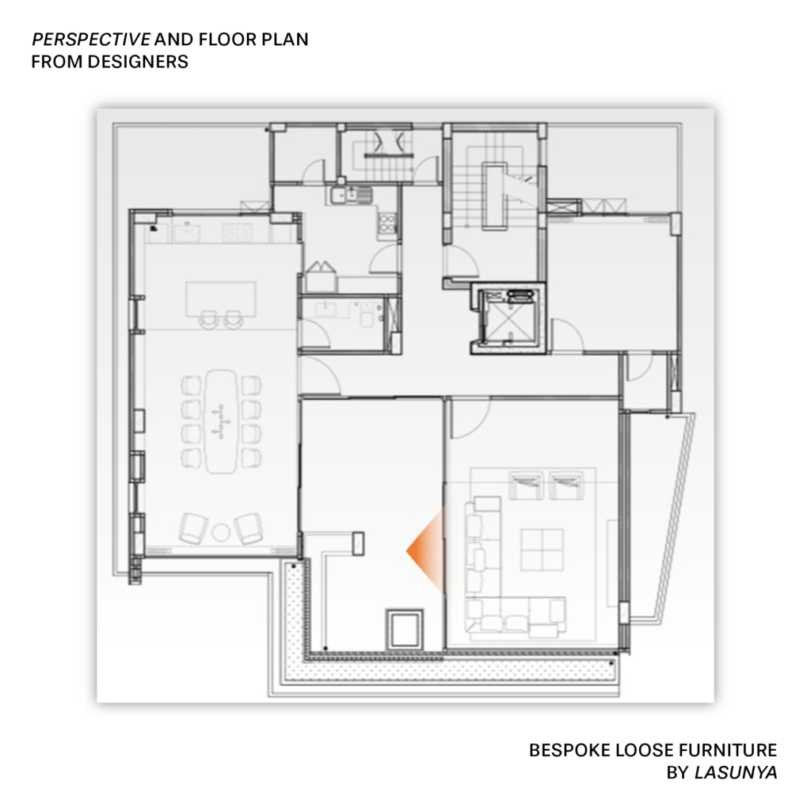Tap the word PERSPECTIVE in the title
pyautogui.click(x=91, y=40)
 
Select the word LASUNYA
pyautogui.click(x=736, y=772)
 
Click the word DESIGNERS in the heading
pyautogui.click(x=138, y=62)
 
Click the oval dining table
pyautogui.click(x=221, y=421)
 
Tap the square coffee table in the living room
pyautogui.click(x=542, y=550)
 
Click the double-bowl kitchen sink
pyautogui.click(x=351, y=195)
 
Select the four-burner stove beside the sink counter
pyautogui.click(x=386, y=223)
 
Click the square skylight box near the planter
pyautogui.click(x=405, y=630)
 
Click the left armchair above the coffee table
pyautogui.click(x=526, y=485)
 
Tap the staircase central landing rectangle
pyautogui.click(x=494, y=196)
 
